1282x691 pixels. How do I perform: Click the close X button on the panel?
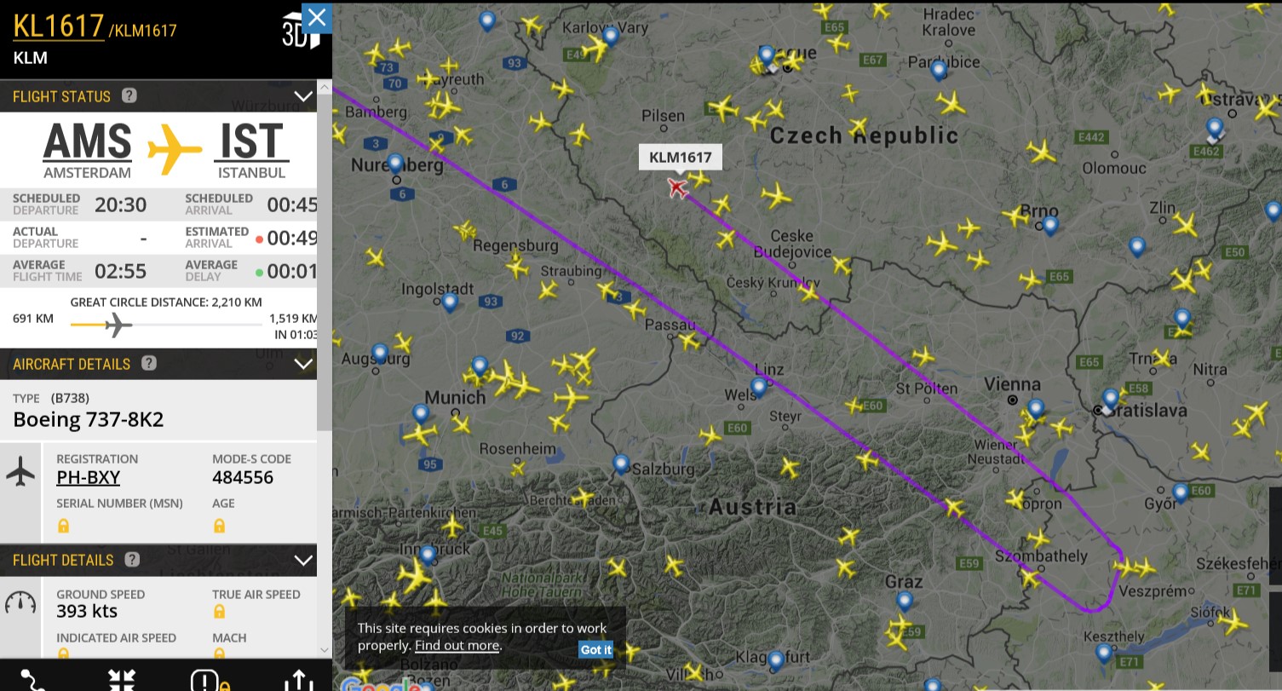(x=317, y=17)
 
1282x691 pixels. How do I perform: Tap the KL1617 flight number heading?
(x=58, y=26)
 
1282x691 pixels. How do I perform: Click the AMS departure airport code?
(x=87, y=141)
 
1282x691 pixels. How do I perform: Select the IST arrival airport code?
(x=251, y=141)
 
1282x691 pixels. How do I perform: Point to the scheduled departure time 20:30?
(x=120, y=204)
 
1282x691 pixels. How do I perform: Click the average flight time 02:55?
(x=120, y=272)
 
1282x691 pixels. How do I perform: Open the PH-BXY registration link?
(x=88, y=477)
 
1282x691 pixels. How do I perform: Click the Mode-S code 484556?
(x=243, y=477)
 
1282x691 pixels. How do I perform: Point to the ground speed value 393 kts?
(x=87, y=611)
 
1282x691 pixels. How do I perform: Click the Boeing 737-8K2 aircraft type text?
(x=89, y=419)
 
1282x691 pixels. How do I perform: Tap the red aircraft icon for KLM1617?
(x=677, y=187)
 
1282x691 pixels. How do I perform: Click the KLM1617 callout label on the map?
(x=680, y=157)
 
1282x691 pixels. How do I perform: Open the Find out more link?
(x=457, y=645)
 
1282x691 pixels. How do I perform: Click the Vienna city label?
(x=1013, y=385)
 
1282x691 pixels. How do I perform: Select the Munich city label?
(x=455, y=397)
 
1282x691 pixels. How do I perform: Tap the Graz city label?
(x=903, y=583)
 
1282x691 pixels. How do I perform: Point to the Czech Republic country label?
(x=864, y=135)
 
